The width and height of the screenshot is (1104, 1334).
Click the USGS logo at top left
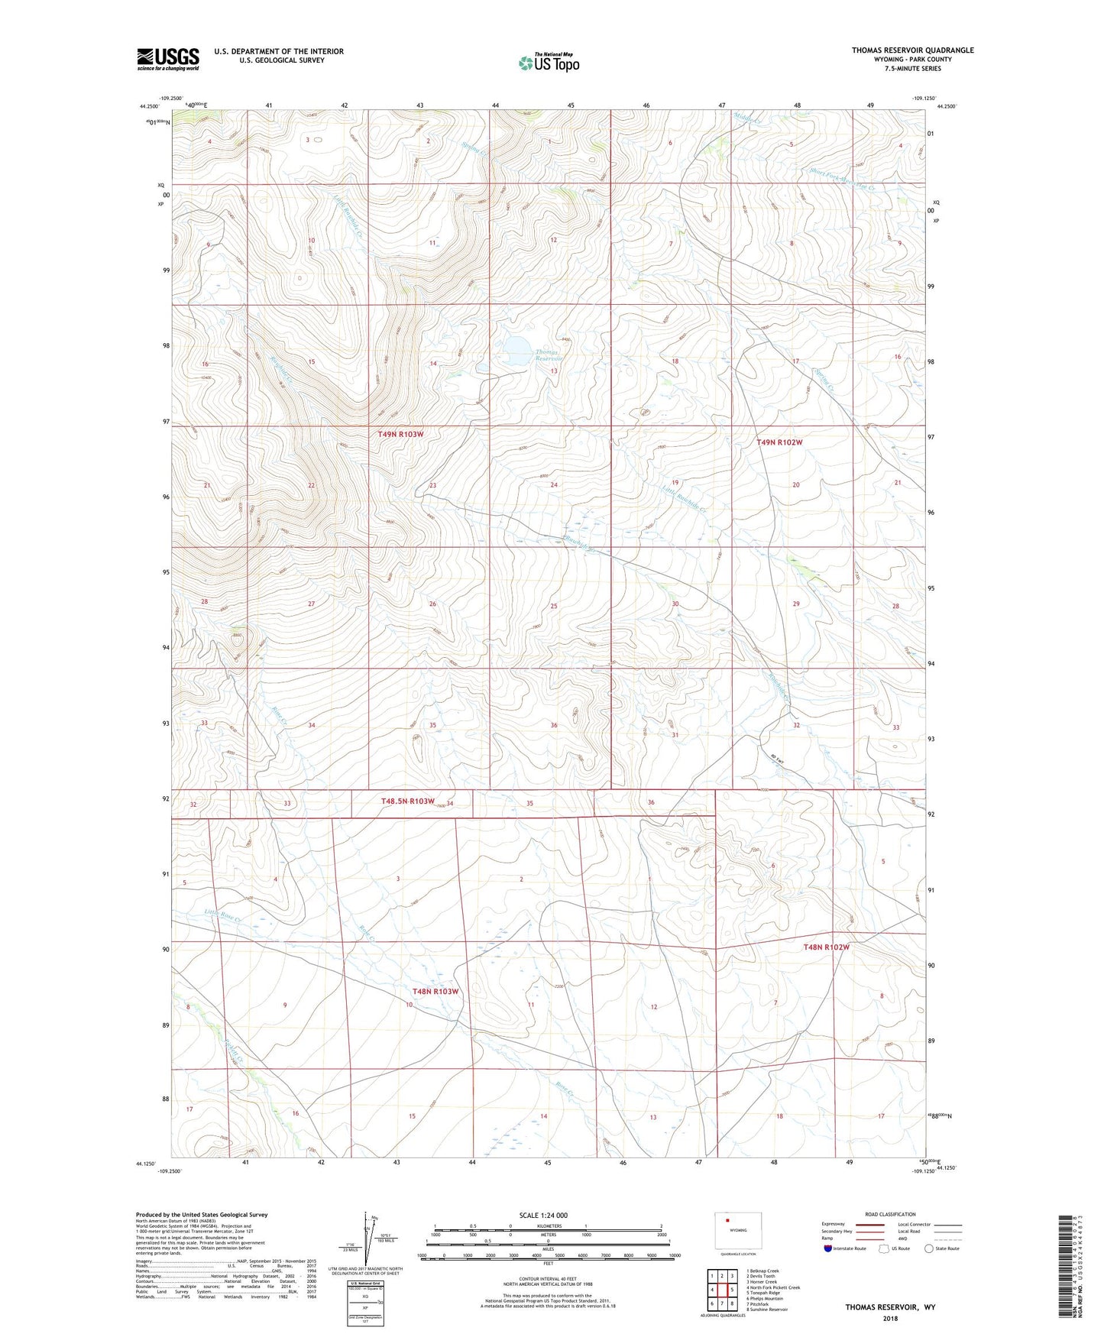[167, 59]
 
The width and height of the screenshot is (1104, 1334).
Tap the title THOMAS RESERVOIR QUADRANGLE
[912, 50]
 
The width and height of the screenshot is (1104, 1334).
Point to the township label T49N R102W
[779, 442]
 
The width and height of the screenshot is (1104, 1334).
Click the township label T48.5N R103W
[407, 801]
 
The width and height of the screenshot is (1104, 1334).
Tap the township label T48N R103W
[435, 992]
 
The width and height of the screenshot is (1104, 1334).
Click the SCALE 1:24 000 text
[543, 1215]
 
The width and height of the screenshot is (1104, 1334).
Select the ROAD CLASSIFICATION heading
[890, 1214]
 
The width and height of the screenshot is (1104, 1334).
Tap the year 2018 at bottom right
[890, 1318]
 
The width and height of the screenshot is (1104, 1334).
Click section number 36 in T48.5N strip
[651, 802]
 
